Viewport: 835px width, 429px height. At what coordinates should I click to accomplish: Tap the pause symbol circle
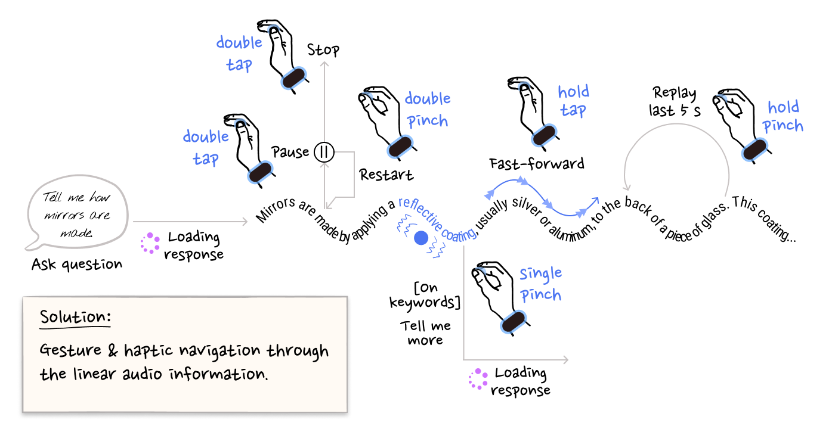coord(324,152)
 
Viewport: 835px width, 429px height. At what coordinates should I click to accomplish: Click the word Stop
coord(323,50)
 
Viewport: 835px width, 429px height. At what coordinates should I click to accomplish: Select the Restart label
coord(386,175)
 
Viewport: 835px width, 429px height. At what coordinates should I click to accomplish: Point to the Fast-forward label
coord(536,163)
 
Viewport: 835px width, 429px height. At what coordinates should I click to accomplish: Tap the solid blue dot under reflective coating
coord(421,238)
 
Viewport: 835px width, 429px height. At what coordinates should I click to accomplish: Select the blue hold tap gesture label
coord(573,101)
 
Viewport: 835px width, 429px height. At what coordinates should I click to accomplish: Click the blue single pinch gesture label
coord(540,284)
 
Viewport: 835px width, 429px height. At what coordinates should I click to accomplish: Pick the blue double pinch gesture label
coord(428,110)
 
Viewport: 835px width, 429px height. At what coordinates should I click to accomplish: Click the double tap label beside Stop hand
coord(239,53)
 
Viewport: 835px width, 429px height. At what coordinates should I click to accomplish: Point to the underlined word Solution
coord(75,316)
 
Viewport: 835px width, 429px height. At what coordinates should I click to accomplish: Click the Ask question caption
coord(77,264)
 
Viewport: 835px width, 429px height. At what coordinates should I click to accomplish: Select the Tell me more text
coord(425,333)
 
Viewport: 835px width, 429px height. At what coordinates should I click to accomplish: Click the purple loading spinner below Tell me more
coord(478,379)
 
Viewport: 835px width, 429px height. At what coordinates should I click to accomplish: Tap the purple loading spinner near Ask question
coord(150,243)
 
